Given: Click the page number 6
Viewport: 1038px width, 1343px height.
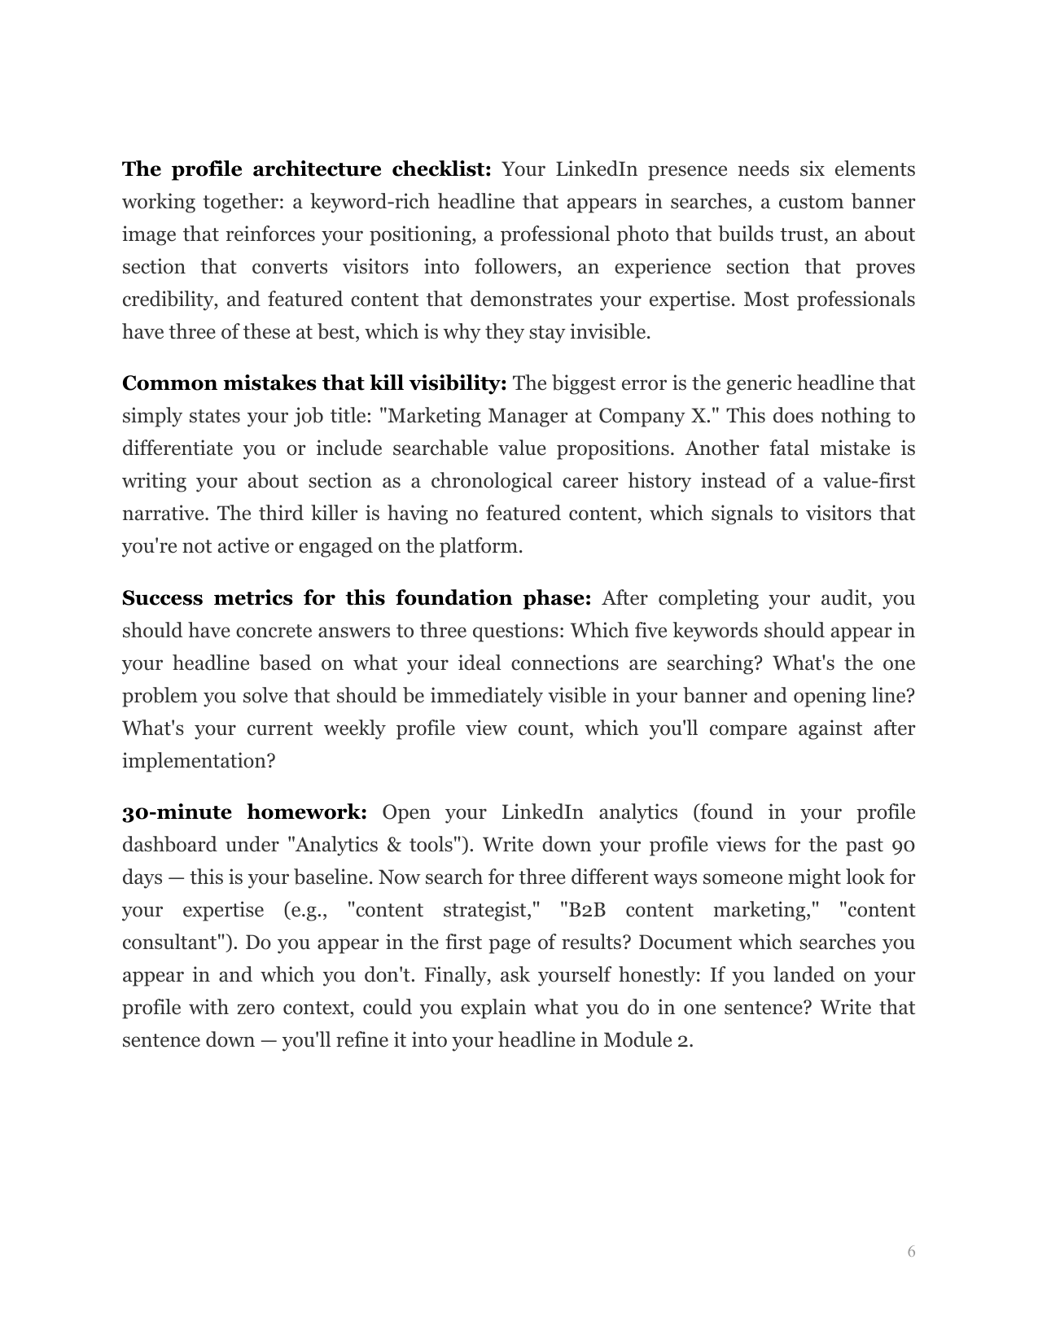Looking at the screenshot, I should coord(911,1252).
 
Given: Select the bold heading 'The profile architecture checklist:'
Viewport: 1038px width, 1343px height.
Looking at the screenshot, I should coord(307,169).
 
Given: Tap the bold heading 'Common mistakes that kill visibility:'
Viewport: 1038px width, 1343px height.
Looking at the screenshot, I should coord(314,383).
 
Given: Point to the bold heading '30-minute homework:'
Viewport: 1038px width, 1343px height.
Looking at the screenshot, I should coord(244,812).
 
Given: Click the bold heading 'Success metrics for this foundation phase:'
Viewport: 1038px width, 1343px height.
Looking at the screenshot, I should coord(356,598).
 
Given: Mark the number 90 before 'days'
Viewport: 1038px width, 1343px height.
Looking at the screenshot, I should coord(903,845).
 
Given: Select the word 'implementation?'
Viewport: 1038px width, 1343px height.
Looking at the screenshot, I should coord(199,761).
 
